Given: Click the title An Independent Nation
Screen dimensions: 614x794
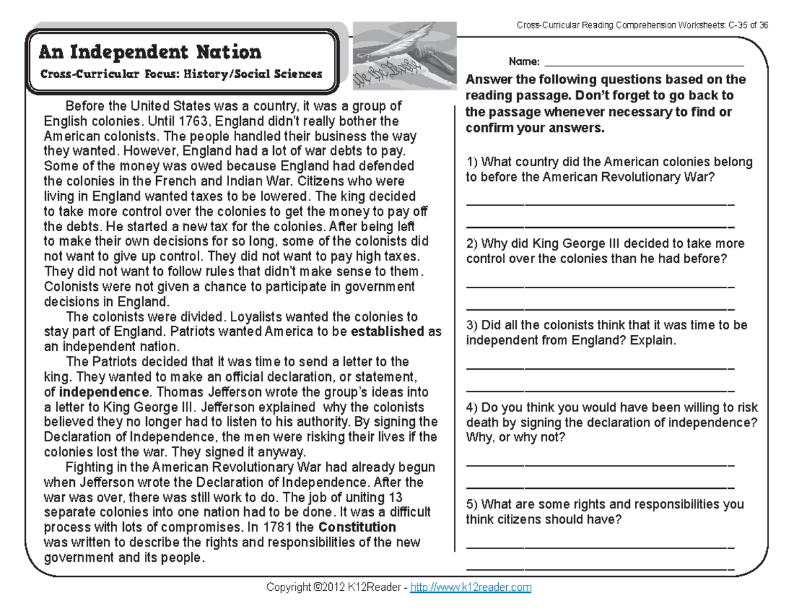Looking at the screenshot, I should point(151,52).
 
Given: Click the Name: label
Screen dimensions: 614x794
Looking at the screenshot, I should point(524,62).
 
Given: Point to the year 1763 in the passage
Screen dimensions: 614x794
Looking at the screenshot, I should point(191,121).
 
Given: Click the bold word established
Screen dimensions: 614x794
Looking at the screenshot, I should point(388,331).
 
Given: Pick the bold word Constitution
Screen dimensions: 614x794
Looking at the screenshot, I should point(357,527).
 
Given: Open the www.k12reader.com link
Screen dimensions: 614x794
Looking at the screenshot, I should point(471,588).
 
